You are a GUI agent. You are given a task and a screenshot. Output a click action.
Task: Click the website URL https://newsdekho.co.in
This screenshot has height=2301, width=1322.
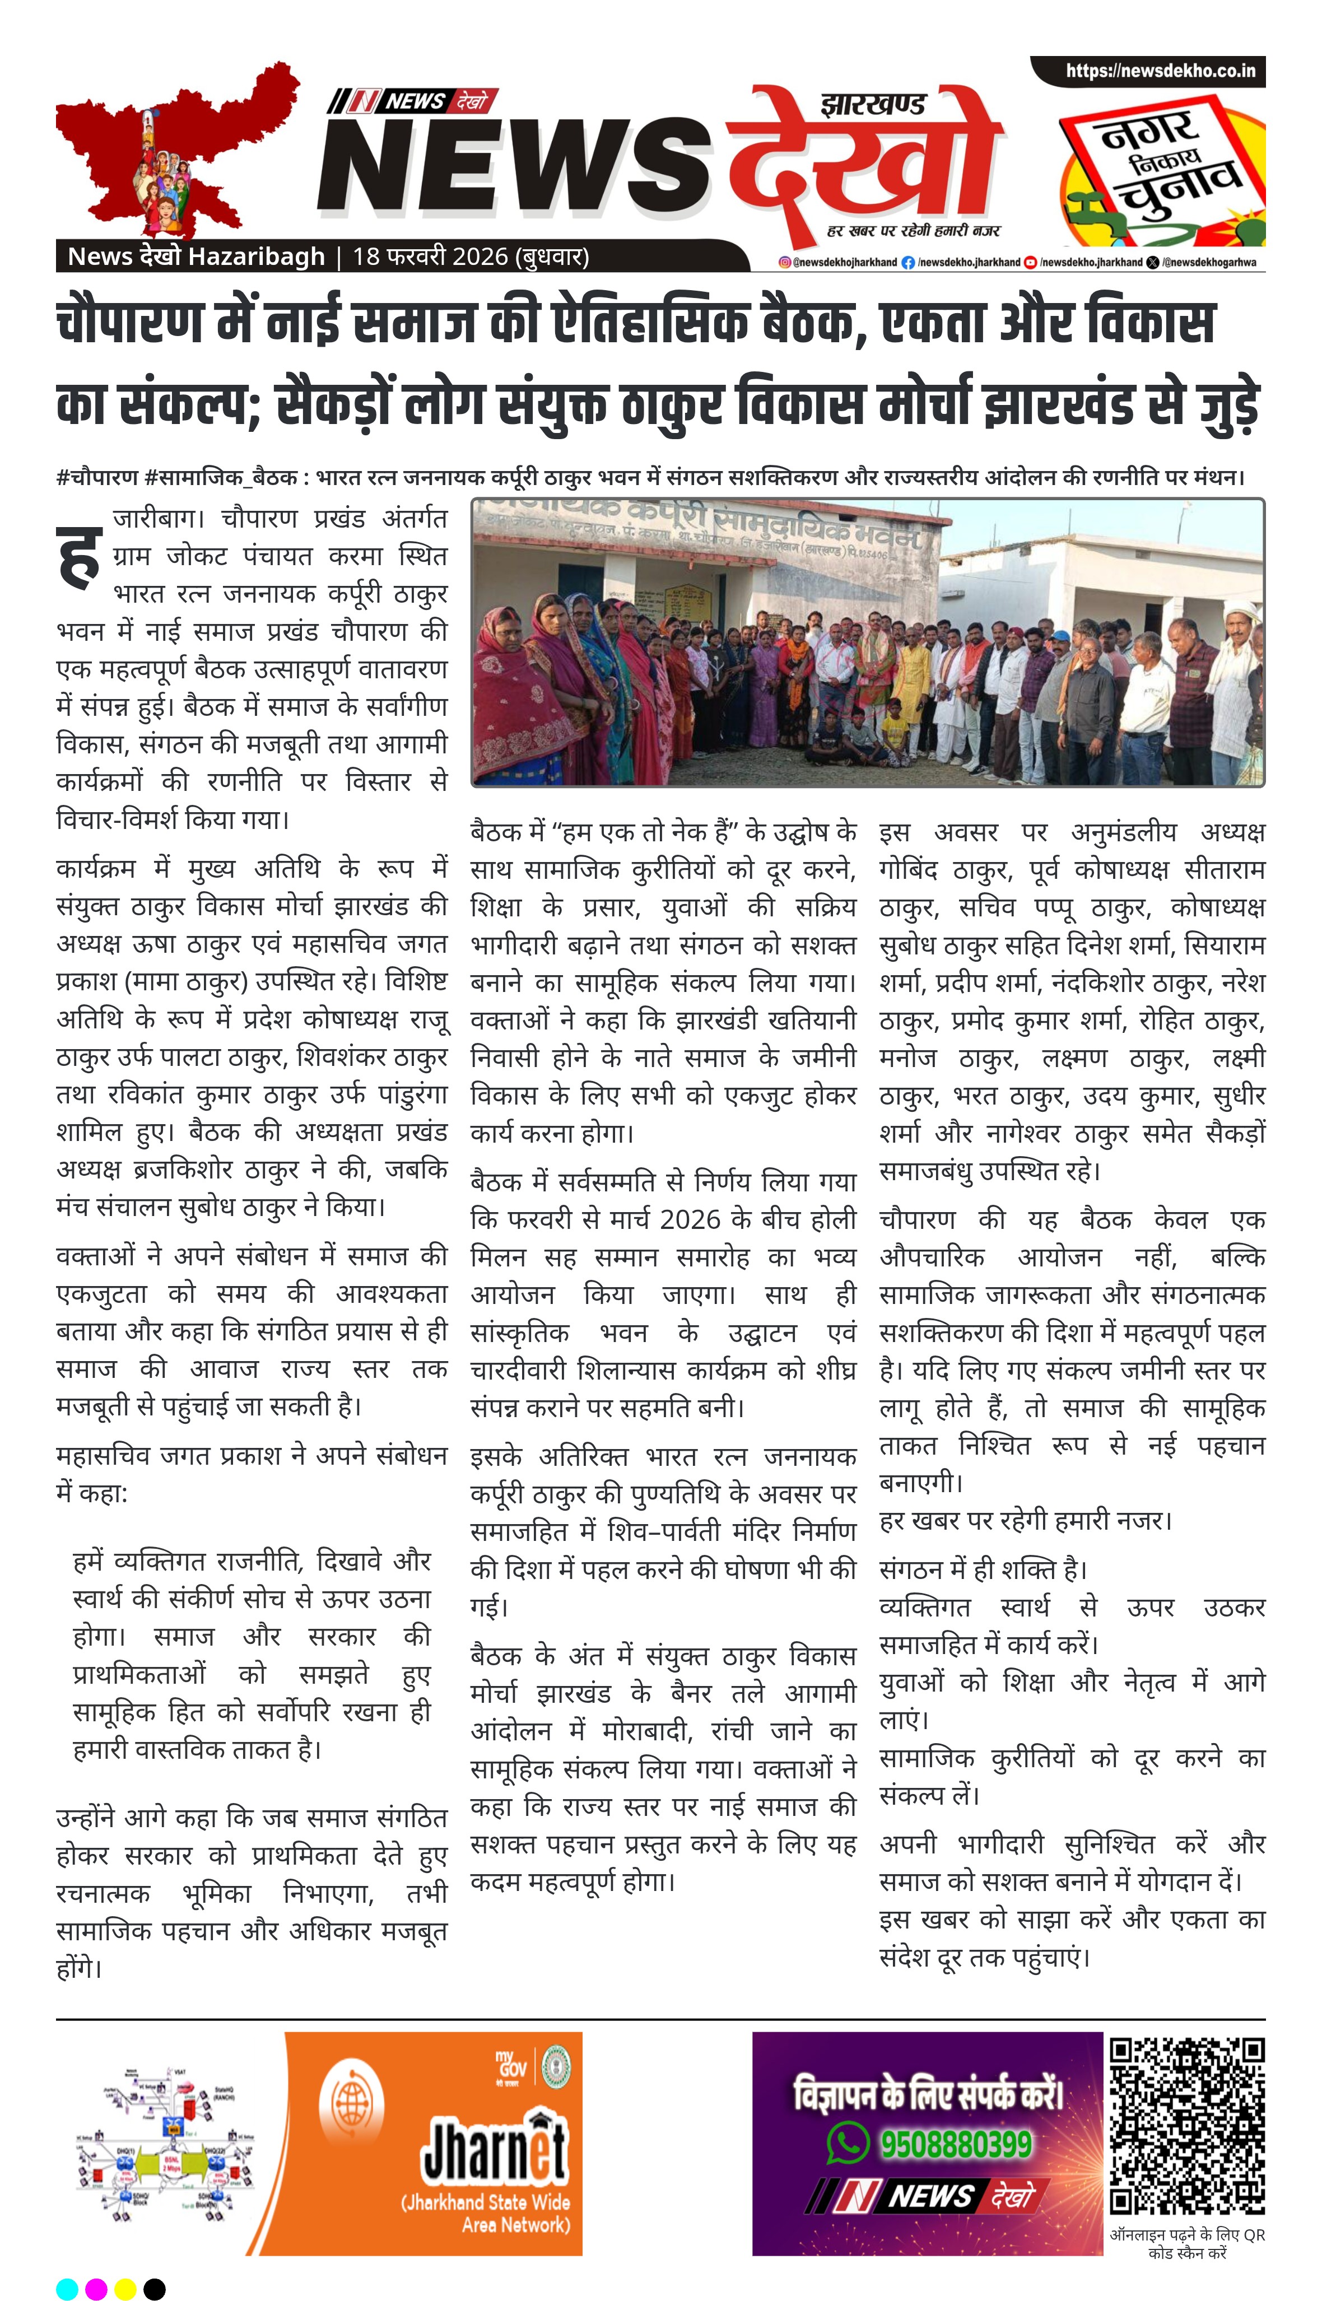[x=1160, y=71]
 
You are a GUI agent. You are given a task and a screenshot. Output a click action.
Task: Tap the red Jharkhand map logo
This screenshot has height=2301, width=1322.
[x=173, y=150]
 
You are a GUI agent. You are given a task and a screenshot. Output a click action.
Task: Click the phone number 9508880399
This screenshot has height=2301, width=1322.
[x=955, y=2144]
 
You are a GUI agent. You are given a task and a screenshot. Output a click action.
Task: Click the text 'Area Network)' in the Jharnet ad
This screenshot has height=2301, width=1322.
[x=516, y=2224]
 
